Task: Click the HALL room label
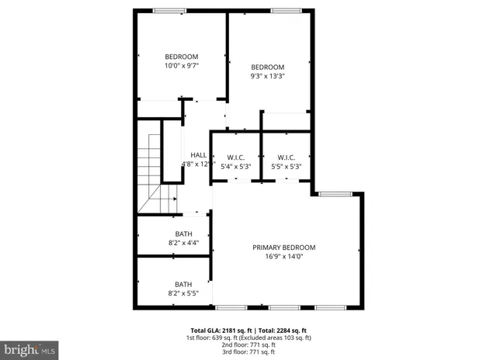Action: click(x=198, y=155)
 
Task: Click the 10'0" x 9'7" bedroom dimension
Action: click(x=182, y=66)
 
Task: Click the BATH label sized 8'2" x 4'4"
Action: click(x=183, y=234)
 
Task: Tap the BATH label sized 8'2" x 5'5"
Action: click(x=183, y=284)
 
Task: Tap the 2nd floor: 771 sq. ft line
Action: click(x=248, y=344)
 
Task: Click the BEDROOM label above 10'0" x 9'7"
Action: click(x=182, y=56)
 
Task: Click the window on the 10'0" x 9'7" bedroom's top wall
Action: click(x=169, y=10)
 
